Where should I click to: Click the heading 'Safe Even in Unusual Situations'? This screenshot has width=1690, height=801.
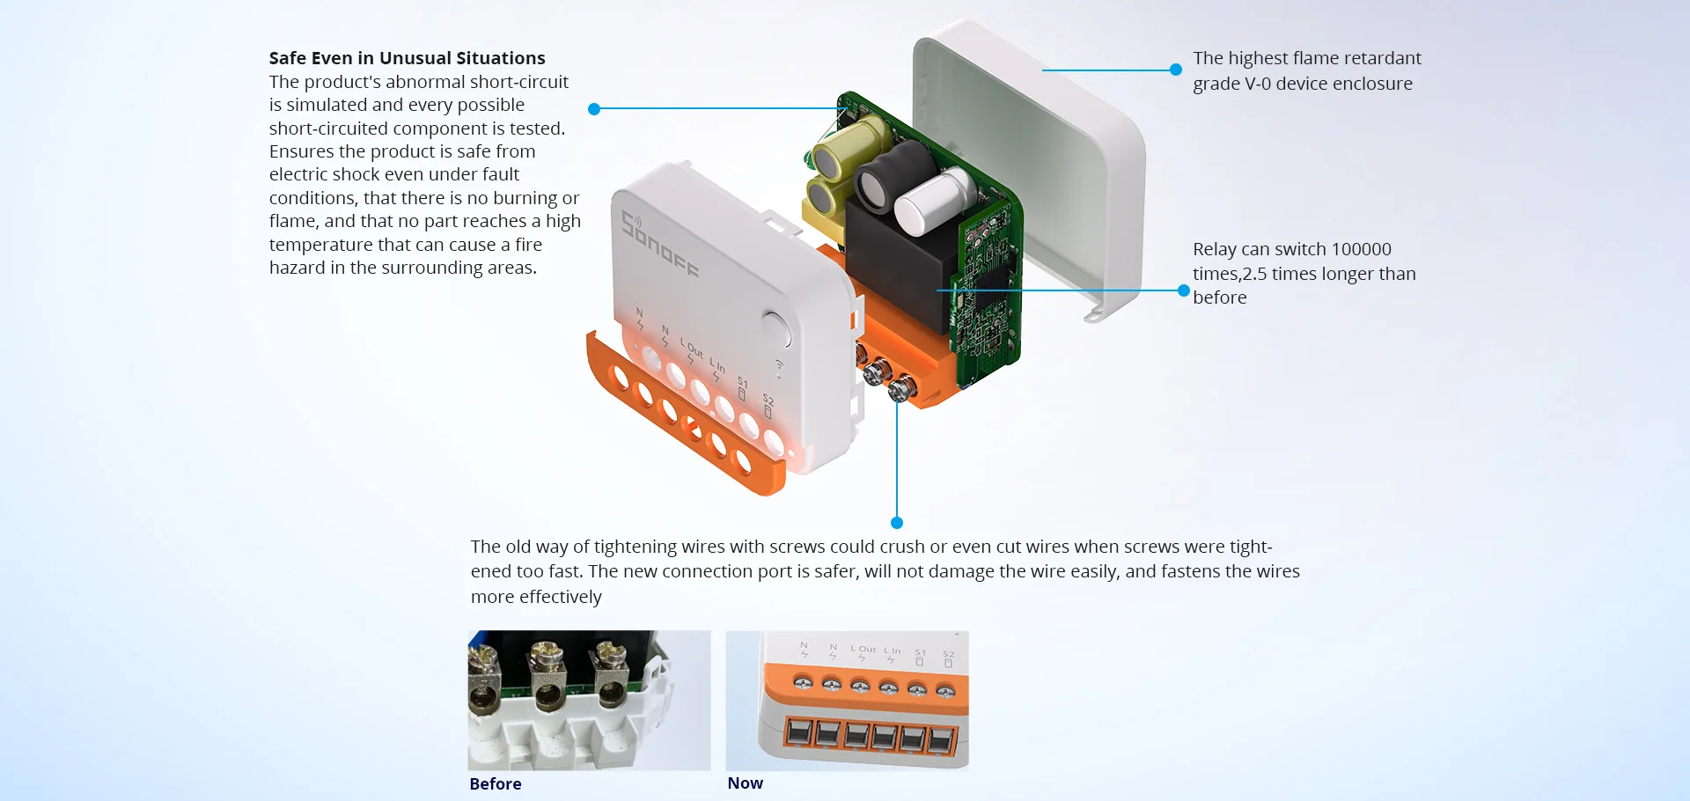coord(407,58)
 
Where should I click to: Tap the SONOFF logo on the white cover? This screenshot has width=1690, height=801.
coord(660,245)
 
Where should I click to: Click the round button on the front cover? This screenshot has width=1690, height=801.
coord(775,327)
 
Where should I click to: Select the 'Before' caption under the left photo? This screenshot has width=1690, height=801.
coord(495,783)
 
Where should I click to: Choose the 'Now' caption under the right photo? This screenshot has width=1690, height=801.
coord(745,783)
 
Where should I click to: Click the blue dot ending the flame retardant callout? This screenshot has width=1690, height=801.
coord(1176,70)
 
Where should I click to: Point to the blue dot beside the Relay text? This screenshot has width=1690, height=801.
coord(1184,290)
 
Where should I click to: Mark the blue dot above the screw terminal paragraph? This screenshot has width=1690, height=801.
coord(897,523)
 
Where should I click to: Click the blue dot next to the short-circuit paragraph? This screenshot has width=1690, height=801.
coord(594,109)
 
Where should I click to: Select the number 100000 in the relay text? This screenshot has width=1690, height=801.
coord(1361,249)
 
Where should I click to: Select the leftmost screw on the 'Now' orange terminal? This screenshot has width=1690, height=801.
coord(803,681)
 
